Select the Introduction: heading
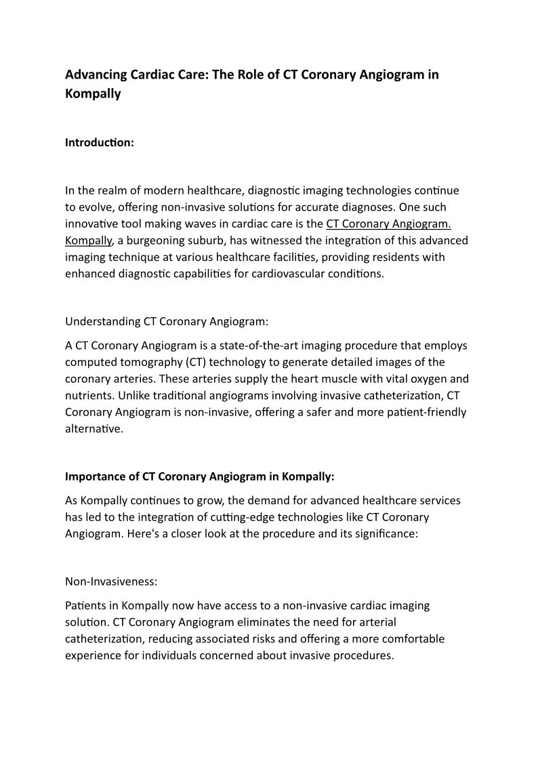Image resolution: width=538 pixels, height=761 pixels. pyautogui.click(x=100, y=143)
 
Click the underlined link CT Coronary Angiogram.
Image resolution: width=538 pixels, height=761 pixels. pyautogui.click(x=388, y=224)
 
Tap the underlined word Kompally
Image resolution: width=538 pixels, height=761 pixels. pyautogui.click(x=88, y=241)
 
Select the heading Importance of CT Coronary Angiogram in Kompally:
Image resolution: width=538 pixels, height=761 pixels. pyautogui.click(x=200, y=476)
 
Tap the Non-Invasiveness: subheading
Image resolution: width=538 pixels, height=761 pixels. pyautogui.click(x=110, y=581)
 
